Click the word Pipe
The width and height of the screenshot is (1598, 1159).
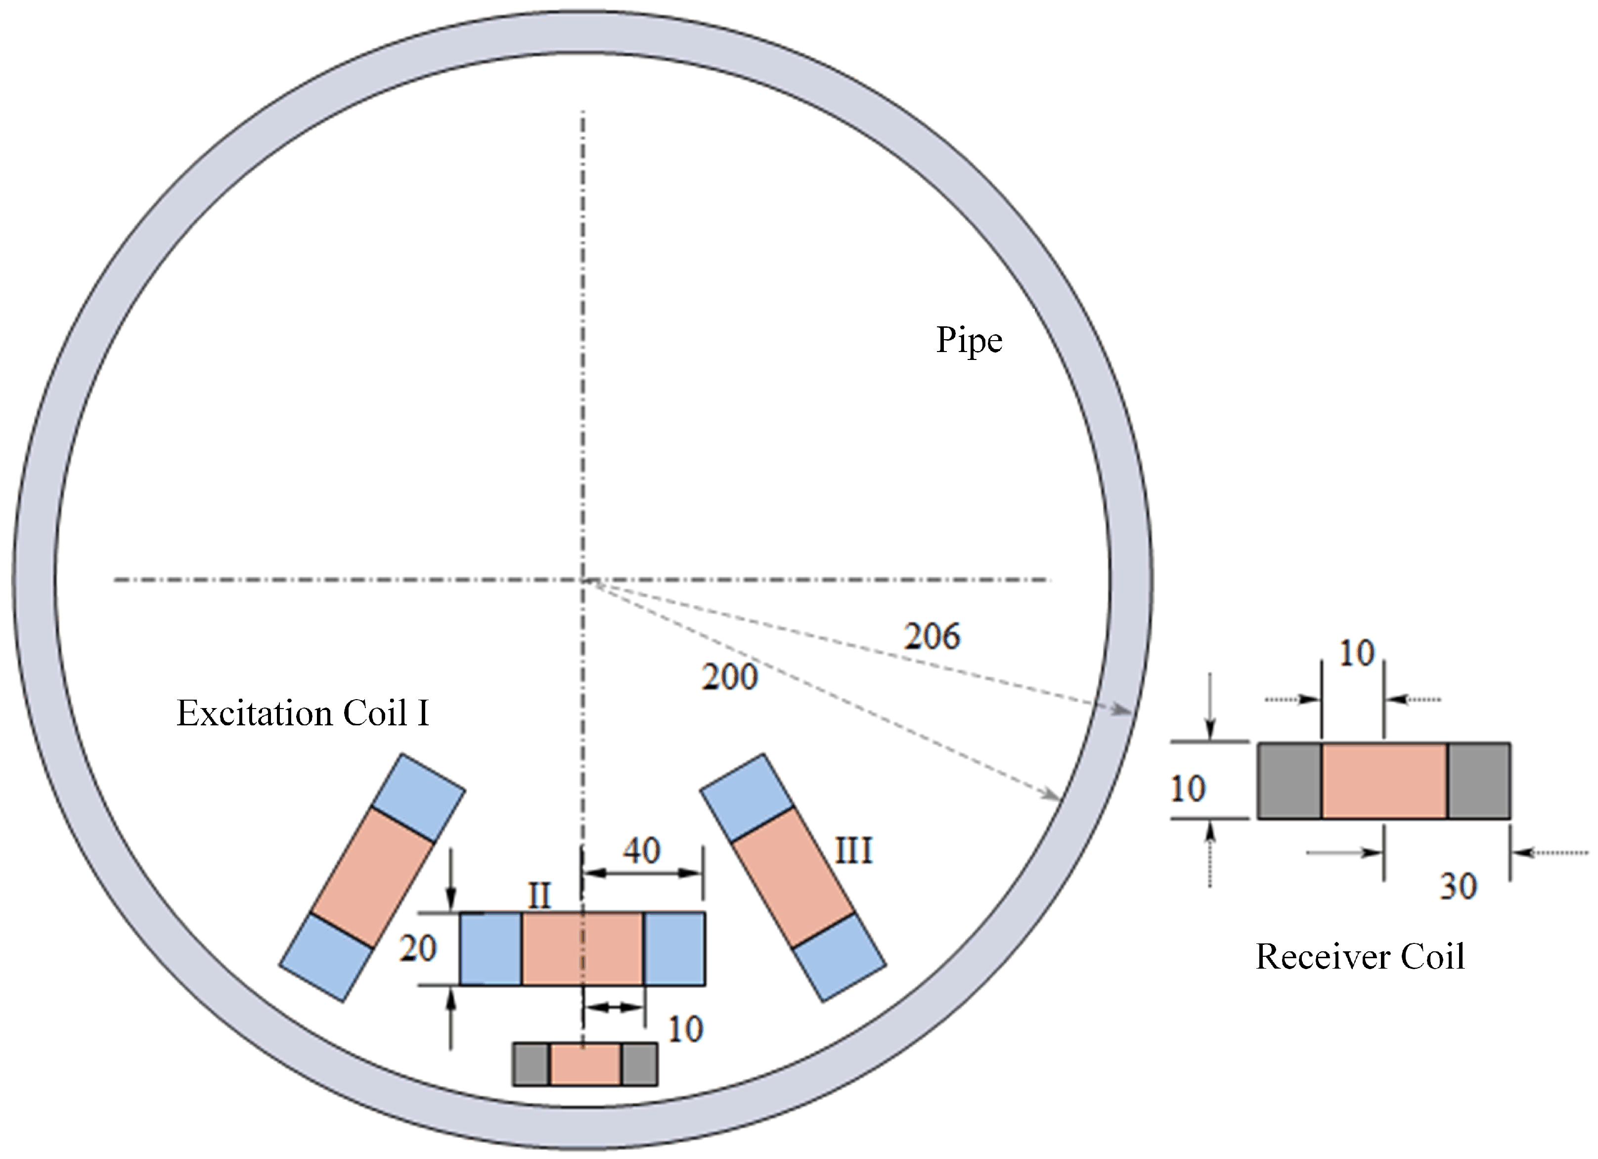click(x=969, y=341)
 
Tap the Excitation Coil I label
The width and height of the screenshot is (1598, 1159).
click(x=303, y=713)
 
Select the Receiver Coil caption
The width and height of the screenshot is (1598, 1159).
click(x=1360, y=957)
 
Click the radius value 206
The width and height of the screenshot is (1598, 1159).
click(x=932, y=637)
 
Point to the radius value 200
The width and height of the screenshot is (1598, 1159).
click(x=729, y=677)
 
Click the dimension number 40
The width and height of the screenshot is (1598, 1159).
click(x=641, y=850)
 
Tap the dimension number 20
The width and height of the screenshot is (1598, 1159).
click(x=418, y=948)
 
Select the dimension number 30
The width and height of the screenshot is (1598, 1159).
click(x=1458, y=887)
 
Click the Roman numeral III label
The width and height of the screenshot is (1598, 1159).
click(x=853, y=851)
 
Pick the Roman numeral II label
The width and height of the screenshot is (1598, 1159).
click(x=540, y=896)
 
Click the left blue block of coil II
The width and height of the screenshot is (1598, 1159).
click(x=491, y=948)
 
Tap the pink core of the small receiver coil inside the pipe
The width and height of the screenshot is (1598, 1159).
click(x=585, y=1064)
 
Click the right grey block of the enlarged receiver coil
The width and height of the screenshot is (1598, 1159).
click(x=1478, y=781)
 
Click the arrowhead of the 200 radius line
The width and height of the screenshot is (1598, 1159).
click(x=1053, y=796)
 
